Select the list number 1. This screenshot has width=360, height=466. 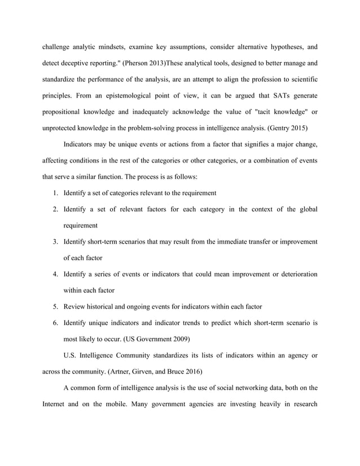pyautogui.click(x=56, y=193)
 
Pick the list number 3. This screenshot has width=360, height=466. pyautogui.click(x=56, y=242)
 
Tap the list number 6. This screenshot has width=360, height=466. pyautogui.click(x=56, y=323)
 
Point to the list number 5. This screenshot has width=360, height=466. pyautogui.click(x=56, y=307)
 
